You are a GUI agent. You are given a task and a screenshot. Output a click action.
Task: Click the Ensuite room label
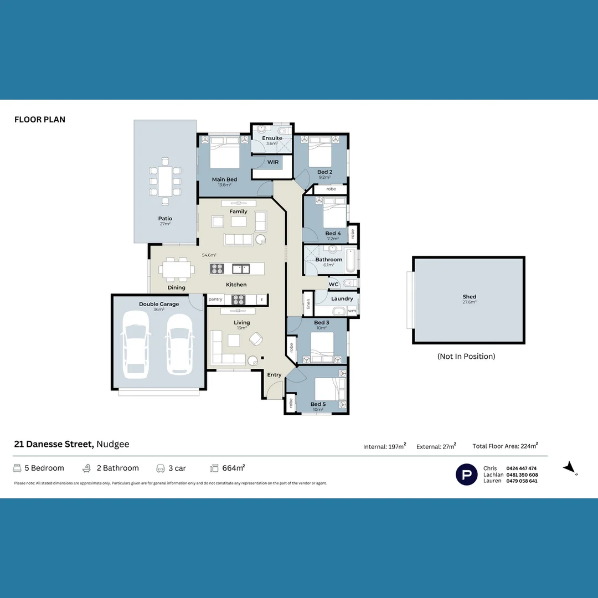click(272, 138)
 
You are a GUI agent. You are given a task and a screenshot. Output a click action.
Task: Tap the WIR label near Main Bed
click(273, 162)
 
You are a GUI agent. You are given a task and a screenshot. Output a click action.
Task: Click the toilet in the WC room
click(348, 284)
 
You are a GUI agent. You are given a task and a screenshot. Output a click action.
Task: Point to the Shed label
click(469, 297)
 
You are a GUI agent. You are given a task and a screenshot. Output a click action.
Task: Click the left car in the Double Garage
click(136, 344)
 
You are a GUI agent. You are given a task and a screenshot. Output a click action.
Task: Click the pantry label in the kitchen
click(215, 299)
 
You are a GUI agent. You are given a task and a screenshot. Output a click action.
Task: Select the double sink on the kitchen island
click(241, 269)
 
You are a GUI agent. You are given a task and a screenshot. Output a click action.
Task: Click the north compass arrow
click(570, 468)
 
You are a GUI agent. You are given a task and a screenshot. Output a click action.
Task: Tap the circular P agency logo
click(466, 475)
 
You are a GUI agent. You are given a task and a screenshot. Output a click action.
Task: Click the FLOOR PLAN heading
click(40, 120)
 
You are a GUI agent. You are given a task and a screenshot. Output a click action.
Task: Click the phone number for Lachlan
click(522, 475)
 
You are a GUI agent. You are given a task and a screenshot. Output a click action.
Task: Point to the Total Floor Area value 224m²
click(528, 446)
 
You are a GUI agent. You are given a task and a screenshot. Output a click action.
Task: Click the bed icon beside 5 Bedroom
click(17, 468)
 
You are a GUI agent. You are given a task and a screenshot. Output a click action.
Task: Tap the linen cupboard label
click(308, 304)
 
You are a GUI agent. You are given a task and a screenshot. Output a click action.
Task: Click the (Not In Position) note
click(466, 356)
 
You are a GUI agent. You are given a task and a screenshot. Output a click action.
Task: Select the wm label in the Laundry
click(352, 311)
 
